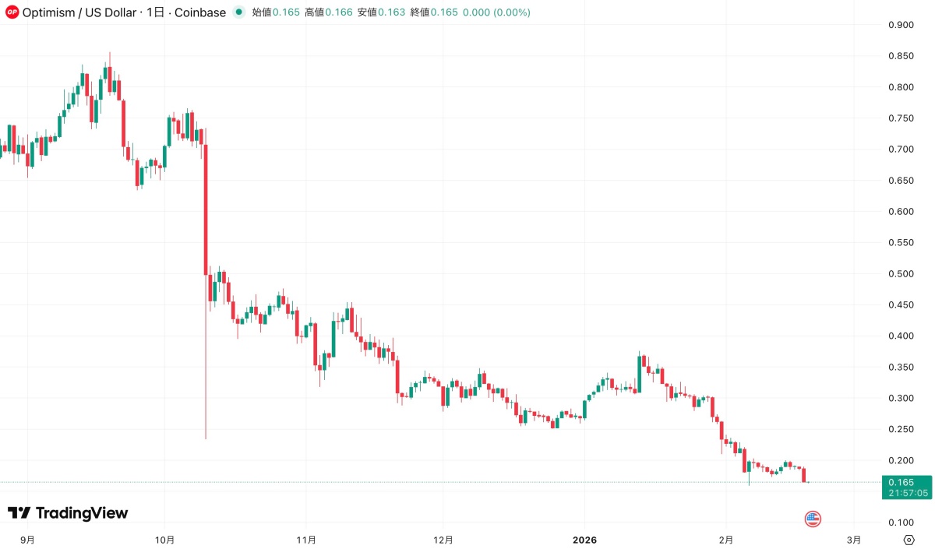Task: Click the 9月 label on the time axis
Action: (x=27, y=539)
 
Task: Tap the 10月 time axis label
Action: (x=165, y=539)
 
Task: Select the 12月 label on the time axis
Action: (x=443, y=539)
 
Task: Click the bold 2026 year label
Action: (x=584, y=539)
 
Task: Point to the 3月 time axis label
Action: (x=854, y=539)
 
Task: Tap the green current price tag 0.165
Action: (x=904, y=483)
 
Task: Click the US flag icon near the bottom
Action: (x=813, y=519)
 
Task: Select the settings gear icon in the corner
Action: (x=909, y=539)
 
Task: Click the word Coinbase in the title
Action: (x=199, y=12)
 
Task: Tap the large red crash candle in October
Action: (x=206, y=210)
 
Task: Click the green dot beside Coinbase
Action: (x=238, y=12)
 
